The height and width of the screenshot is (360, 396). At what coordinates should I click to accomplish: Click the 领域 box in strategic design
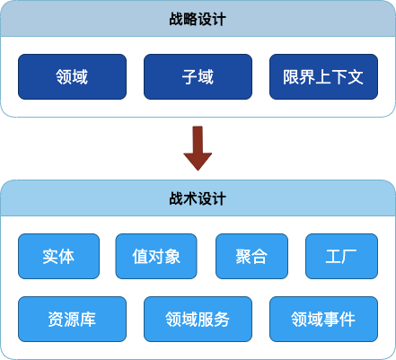click(72, 76)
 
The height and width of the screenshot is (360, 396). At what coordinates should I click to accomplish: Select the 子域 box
click(198, 76)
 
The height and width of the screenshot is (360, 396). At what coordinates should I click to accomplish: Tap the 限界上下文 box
click(323, 76)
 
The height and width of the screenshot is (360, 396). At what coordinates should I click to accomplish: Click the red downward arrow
click(198, 148)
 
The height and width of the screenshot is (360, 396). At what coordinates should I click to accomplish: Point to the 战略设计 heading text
click(198, 19)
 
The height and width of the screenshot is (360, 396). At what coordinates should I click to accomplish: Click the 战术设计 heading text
click(198, 198)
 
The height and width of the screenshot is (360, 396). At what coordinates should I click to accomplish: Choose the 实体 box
click(58, 256)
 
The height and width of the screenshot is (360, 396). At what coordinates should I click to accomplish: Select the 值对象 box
click(156, 256)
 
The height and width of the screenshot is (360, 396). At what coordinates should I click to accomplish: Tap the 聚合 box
click(251, 256)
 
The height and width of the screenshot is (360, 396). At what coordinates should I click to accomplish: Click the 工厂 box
click(341, 256)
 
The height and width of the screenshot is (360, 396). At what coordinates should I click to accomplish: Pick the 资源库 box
click(72, 319)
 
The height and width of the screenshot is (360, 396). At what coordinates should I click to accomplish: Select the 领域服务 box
click(198, 319)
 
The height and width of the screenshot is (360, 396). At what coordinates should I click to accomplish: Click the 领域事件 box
click(323, 319)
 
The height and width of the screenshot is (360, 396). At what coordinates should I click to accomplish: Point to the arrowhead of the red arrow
click(198, 170)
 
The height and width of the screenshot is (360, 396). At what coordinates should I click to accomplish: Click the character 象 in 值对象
click(172, 257)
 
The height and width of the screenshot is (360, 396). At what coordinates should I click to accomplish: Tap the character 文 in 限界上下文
click(356, 77)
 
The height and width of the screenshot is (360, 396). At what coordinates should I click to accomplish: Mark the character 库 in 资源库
click(88, 320)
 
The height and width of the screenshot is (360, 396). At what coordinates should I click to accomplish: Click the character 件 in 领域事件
click(348, 320)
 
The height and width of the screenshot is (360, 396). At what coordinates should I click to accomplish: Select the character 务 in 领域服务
click(222, 320)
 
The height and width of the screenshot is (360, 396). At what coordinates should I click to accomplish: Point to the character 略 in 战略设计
click(190, 19)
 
